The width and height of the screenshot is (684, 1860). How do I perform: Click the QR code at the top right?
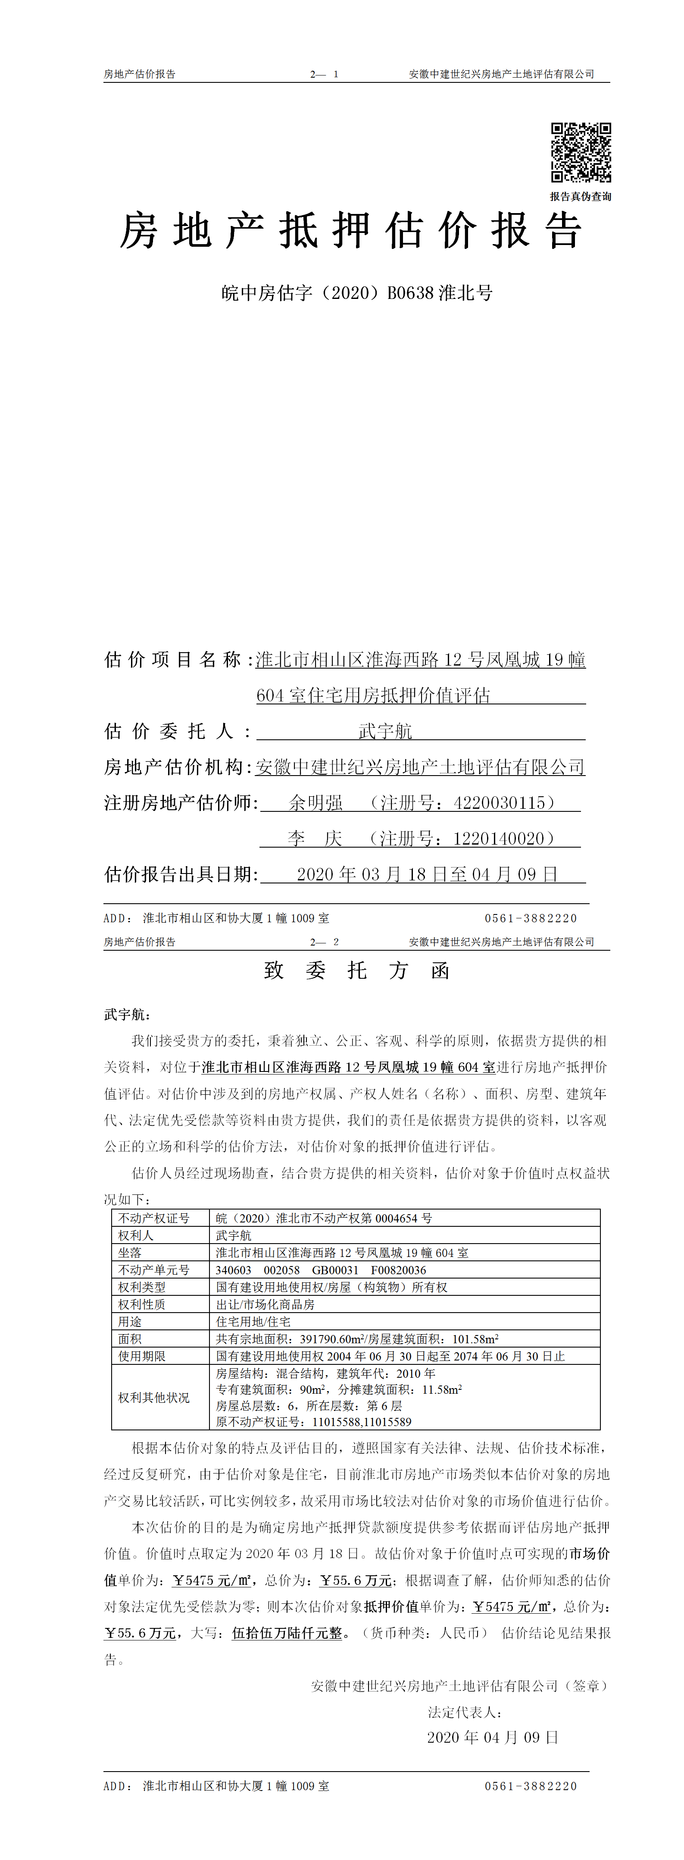pyautogui.click(x=581, y=152)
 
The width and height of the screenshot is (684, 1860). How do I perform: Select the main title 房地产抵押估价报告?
pyautogui.click(x=351, y=231)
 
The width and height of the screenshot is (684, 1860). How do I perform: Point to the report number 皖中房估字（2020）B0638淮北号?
pyautogui.click(x=356, y=293)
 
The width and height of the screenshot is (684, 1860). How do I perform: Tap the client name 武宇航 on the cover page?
pyautogui.click(x=385, y=732)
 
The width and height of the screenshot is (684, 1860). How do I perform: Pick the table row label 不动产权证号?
pyautogui.click(x=154, y=1218)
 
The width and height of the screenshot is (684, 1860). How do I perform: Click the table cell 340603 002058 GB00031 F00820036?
pyautogui.click(x=320, y=1270)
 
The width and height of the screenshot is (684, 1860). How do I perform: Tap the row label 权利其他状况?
pyautogui.click(x=154, y=1397)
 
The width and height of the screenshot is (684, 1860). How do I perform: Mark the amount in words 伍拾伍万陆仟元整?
pyautogui.click(x=287, y=1633)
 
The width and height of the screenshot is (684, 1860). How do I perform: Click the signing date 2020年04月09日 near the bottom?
pyautogui.click(x=493, y=1737)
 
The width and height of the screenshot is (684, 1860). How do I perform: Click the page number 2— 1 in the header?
pyautogui.click(x=324, y=74)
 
